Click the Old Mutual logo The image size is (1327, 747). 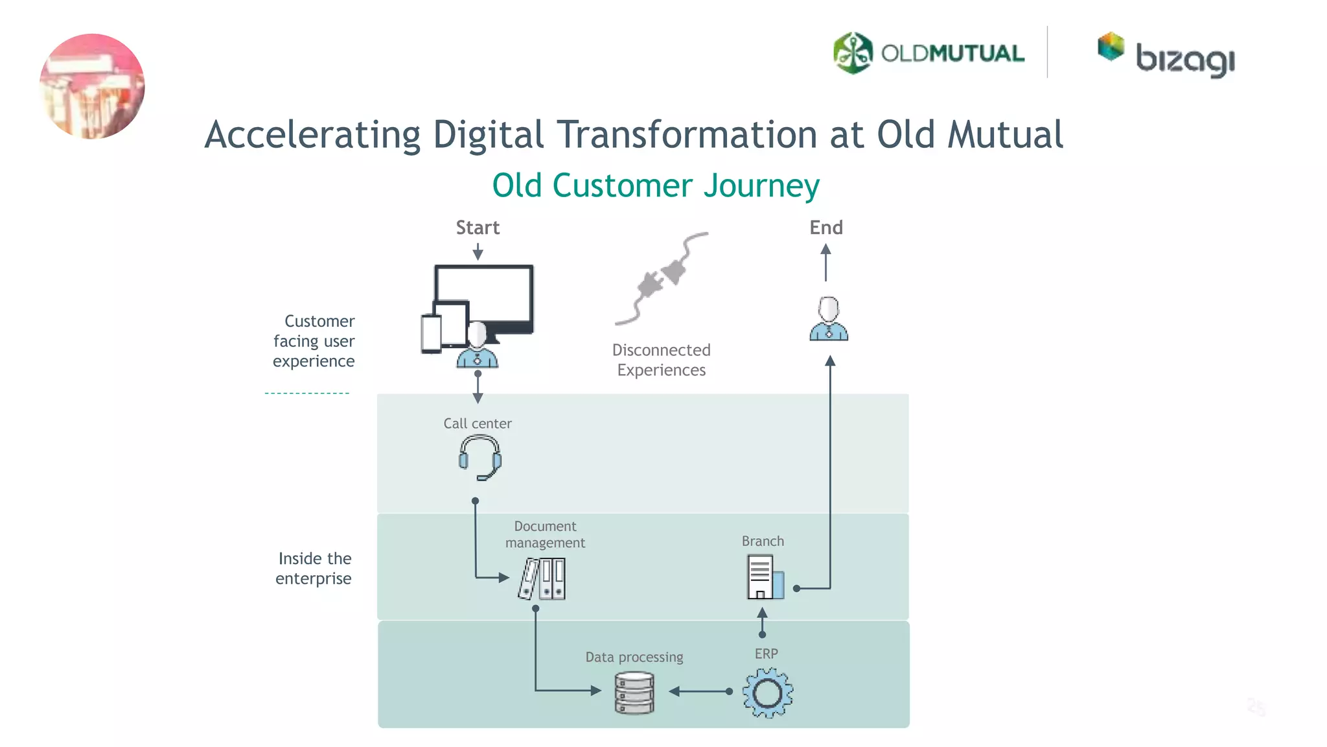(x=928, y=53)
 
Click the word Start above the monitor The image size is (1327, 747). (x=478, y=228)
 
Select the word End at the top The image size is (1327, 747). (x=826, y=228)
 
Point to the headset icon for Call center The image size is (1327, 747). (x=479, y=457)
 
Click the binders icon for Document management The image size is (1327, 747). (x=542, y=578)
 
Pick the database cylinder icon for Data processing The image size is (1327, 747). (x=634, y=693)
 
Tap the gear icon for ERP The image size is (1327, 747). (x=767, y=693)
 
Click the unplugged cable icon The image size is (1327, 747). (x=662, y=278)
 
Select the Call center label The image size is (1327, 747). (x=478, y=423)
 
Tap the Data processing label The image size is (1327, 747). (x=634, y=657)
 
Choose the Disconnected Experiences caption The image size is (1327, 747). (x=662, y=360)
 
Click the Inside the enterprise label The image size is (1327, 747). (x=314, y=568)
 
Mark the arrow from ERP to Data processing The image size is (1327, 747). (x=700, y=692)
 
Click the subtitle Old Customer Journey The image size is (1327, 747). (x=656, y=185)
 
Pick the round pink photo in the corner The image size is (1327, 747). (x=92, y=86)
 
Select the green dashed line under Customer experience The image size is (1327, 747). (x=307, y=393)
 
